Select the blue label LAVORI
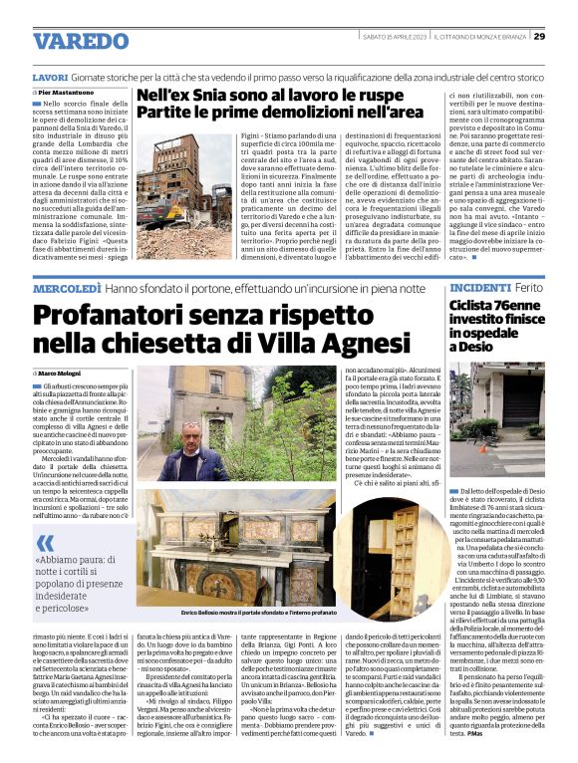[50, 77]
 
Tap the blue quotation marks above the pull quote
[45, 544]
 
